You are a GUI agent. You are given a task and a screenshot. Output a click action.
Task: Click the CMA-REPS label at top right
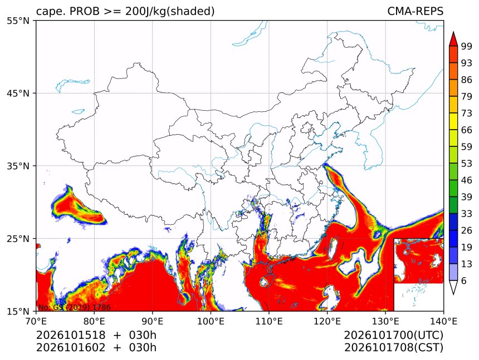click(x=415, y=11)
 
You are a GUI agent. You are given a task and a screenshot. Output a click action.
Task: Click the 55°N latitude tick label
click(x=18, y=21)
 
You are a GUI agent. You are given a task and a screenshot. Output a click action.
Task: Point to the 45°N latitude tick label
click(x=18, y=93)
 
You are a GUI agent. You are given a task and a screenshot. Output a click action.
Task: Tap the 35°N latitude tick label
click(x=18, y=166)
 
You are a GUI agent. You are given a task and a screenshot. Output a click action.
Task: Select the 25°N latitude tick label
click(x=18, y=239)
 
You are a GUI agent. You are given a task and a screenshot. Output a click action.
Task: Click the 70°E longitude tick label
click(x=36, y=321)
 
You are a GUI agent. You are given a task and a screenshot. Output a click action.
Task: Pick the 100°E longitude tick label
click(x=211, y=321)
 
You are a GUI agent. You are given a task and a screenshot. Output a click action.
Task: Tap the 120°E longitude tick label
click(x=327, y=321)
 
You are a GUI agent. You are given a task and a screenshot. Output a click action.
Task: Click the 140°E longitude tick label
click(x=443, y=321)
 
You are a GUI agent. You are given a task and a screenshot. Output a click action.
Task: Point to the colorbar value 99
click(x=467, y=47)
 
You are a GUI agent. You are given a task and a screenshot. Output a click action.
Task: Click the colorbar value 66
click(x=467, y=130)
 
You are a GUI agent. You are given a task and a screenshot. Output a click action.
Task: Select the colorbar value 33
click(x=467, y=214)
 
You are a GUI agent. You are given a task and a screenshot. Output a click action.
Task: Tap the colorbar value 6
click(x=464, y=280)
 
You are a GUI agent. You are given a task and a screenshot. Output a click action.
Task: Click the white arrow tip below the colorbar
click(x=453, y=294)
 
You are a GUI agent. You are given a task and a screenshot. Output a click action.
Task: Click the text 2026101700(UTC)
click(x=393, y=335)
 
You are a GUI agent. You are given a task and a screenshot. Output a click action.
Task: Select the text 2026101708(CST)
click(x=393, y=348)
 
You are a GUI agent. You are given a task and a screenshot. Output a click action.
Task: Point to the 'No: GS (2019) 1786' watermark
click(x=74, y=307)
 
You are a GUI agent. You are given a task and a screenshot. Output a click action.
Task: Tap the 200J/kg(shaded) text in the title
click(x=170, y=11)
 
